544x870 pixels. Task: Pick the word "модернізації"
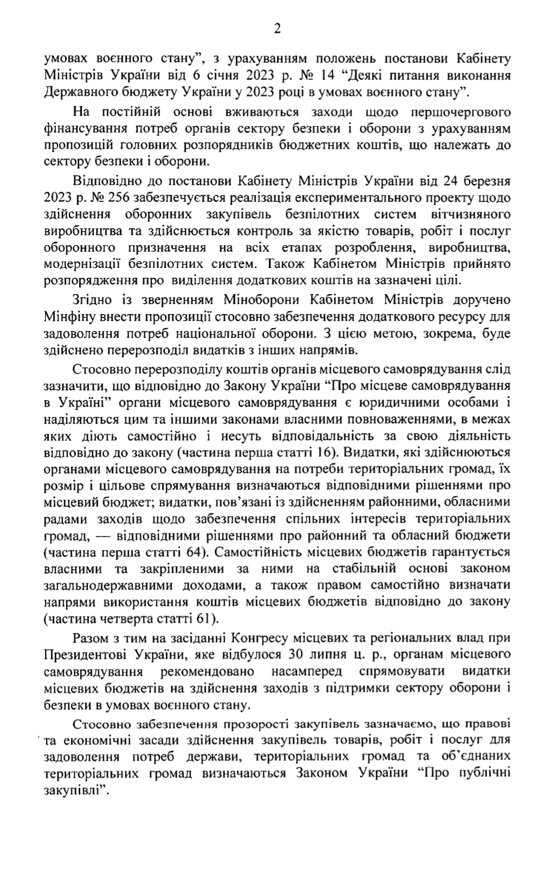[x=81, y=264]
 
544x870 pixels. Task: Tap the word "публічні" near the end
[x=487, y=773]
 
